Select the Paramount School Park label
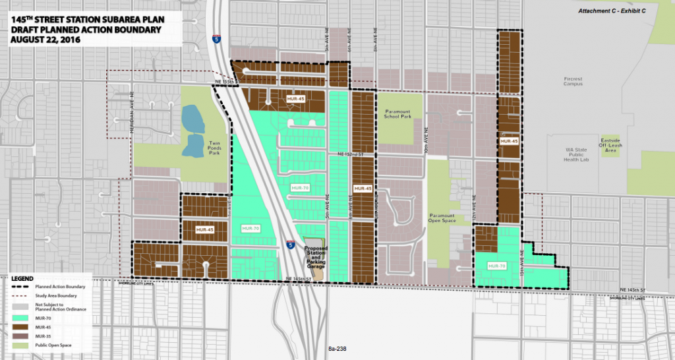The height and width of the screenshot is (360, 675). tap(398, 115)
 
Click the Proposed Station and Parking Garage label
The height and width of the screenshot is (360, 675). tap(315, 256)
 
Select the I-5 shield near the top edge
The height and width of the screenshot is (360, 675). tap(216, 39)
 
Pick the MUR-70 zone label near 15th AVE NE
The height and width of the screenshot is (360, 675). tap(496, 266)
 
